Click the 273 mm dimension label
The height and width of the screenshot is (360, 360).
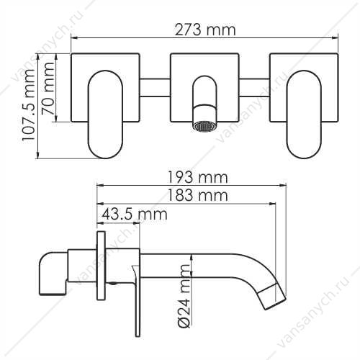(x=204, y=30)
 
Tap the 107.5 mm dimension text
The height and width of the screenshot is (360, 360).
(x=28, y=105)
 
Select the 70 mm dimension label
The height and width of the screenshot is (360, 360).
(x=48, y=88)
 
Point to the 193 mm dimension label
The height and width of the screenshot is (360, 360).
(x=197, y=178)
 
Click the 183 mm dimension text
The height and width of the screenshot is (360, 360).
(x=197, y=195)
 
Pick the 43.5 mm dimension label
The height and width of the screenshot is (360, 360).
(x=134, y=214)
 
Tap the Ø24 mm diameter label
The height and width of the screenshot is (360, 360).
(x=184, y=296)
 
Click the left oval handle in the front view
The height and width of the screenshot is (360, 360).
(x=106, y=114)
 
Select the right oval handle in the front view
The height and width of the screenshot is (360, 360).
(x=304, y=114)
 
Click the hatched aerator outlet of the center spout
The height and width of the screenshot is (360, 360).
(x=204, y=126)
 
